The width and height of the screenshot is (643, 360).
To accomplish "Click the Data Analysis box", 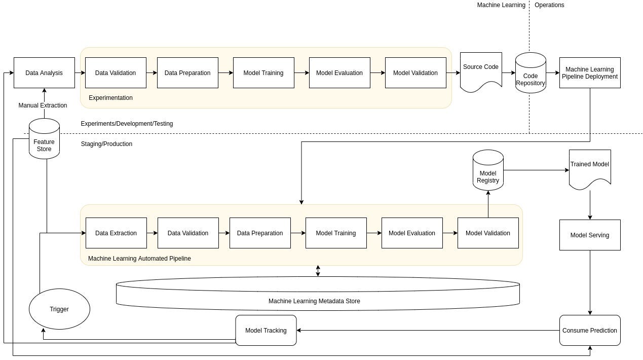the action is (44, 73).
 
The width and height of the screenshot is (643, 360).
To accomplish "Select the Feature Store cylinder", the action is (44, 138).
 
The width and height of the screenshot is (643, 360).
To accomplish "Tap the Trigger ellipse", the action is (59, 309).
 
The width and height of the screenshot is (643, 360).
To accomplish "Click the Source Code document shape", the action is (481, 72).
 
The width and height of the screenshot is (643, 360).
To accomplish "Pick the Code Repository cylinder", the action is (531, 73).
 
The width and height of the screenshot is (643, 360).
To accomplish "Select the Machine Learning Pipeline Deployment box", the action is (590, 73).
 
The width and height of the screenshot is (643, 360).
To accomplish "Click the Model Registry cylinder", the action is (488, 170).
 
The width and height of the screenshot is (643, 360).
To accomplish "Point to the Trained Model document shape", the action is (590, 169).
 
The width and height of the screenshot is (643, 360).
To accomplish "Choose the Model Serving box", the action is (590, 235).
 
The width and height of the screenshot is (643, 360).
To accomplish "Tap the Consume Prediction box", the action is (590, 330).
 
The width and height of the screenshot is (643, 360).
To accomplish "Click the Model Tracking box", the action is (266, 330).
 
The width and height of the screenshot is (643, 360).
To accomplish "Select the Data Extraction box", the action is (116, 233).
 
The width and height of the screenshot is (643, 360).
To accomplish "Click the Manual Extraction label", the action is (43, 105).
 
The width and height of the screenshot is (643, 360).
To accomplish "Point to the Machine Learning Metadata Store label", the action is (314, 301).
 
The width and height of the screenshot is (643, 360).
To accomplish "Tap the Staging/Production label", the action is (106, 144).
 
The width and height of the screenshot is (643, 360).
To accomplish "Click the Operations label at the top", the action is (549, 5).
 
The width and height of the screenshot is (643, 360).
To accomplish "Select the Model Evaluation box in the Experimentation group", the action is (339, 73).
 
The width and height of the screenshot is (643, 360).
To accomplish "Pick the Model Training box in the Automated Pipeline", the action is (336, 233).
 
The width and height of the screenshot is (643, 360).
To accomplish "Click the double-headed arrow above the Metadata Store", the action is (318, 271).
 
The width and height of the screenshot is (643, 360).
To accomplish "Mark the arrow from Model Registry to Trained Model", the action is (536, 170).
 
